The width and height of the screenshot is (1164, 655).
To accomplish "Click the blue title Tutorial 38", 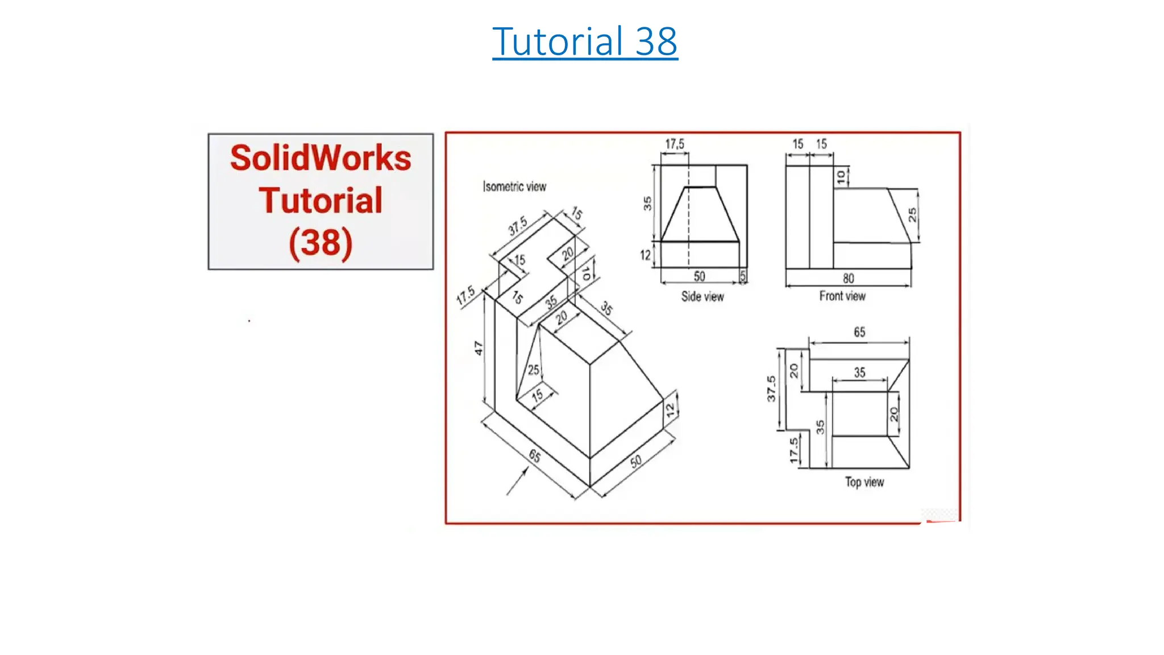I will click(x=585, y=42).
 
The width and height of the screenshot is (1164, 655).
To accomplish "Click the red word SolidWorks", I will click(x=321, y=158).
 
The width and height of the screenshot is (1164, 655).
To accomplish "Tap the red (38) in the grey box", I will click(x=321, y=243).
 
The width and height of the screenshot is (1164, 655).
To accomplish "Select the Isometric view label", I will click(x=514, y=186).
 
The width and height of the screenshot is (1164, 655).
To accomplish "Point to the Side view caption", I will click(x=702, y=296).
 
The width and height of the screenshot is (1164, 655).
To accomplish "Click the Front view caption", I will click(x=842, y=296).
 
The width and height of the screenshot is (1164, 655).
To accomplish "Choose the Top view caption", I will click(x=864, y=482).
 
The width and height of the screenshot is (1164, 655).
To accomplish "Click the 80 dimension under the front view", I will click(x=848, y=279).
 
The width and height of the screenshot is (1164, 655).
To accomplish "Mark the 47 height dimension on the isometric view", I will click(x=479, y=348).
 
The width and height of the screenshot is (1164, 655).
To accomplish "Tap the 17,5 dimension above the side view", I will click(x=675, y=144).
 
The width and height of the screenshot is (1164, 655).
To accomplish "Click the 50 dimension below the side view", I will click(x=699, y=276).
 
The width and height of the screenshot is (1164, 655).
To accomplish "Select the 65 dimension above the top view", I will click(x=859, y=332).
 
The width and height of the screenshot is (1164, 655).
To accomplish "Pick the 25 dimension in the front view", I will click(x=912, y=214).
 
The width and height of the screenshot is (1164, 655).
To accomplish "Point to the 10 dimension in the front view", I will click(x=841, y=177).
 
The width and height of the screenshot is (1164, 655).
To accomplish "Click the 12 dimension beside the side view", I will click(x=645, y=255).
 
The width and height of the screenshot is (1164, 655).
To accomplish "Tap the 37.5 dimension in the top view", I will click(x=771, y=388).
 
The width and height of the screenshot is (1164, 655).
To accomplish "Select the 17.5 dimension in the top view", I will click(x=793, y=450).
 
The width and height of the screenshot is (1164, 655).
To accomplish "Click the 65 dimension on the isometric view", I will click(x=534, y=456).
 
